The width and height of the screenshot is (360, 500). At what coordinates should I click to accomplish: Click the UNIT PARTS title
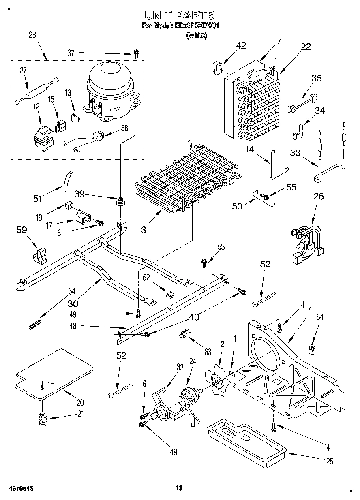pyautogui.click(x=180, y=16)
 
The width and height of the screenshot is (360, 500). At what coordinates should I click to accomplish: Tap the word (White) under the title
pyautogui.click(x=196, y=36)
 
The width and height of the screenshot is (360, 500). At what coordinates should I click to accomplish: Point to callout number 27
pyautogui.click(x=23, y=71)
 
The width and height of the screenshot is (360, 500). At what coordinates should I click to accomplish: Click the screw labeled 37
pyautogui.click(x=137, y=53)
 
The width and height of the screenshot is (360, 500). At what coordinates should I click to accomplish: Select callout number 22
pyautogui.click(x=306, y=47)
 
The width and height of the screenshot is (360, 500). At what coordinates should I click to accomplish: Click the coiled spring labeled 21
pyautogui.click(x=43, y=418)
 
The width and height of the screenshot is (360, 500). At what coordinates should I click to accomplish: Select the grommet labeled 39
pyautogui.click(x=120, y=201)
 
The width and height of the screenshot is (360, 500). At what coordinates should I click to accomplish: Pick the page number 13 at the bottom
pyautogui.click(x=179, y=488)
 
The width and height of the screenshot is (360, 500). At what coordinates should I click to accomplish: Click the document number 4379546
pyautogui.click(x=20, y=488)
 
